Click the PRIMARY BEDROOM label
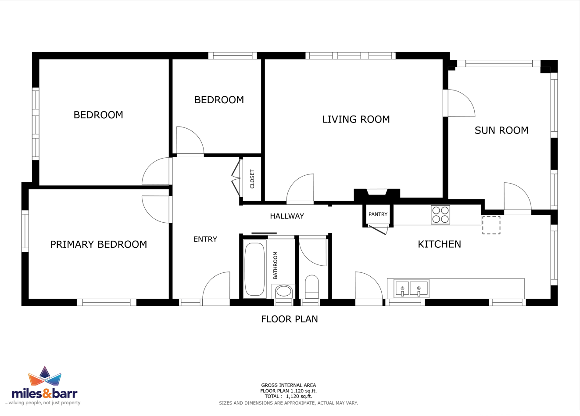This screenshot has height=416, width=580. [98, 244]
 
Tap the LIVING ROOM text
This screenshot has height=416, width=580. [356, 119]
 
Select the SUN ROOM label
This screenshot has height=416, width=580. [501, 130]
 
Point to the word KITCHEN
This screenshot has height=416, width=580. [440, 244]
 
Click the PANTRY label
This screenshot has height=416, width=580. [378, 214]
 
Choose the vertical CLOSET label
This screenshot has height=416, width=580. [252, 179]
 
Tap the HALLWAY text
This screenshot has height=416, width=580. [287, 216]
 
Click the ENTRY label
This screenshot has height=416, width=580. [205, 239]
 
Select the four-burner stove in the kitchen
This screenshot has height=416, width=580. [440, 215]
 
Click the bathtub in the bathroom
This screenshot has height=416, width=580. [254, 269]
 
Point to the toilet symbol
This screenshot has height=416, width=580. [312, 287]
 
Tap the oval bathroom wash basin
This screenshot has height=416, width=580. [284, 291]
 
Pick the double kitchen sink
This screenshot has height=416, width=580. [411, 289]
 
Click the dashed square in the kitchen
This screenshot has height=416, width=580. [491, 225]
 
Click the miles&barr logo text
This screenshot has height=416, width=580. [45, 394]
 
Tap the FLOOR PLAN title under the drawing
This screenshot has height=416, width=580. [290, 319]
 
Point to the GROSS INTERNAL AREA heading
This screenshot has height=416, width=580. [288, 385]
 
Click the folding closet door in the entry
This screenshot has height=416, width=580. [236, 178]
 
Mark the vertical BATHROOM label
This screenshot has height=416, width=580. [275, 265]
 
